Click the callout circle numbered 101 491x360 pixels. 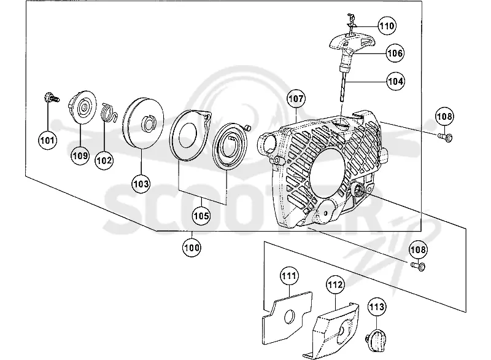(x=47, y=140)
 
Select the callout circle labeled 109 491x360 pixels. (x=80, y=155)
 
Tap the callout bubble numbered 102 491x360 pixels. (x=104, y=160)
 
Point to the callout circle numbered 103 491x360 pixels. (x=141, y=184)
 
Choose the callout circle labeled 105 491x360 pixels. (x=201, y=216)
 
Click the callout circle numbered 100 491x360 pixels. (x=191, y=248)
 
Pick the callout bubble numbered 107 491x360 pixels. (x=296, y=99)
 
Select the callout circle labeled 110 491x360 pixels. (x=387, y=26)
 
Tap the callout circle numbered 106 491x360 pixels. (x=395, y=53)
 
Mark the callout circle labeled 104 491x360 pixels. (x=395, y=81)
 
